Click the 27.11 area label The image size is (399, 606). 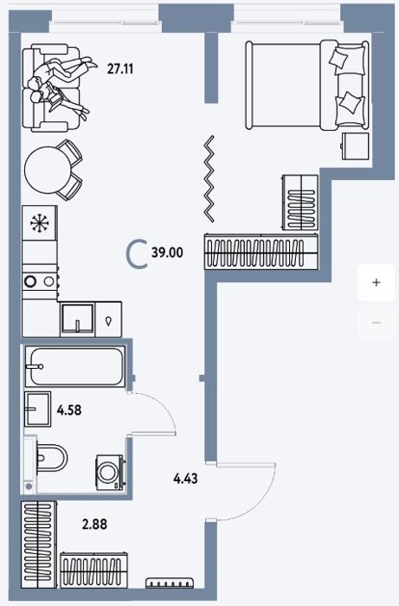coord(120,69)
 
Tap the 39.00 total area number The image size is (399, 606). coord(167,253)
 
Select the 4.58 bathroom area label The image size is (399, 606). coord(69,409)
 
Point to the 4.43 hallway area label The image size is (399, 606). coord(185,479)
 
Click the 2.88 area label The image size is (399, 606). coord(94,525)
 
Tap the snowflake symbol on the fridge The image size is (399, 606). coord(39,223)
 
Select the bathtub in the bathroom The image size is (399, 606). coord(75,366)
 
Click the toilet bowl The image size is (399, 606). coord(52,458)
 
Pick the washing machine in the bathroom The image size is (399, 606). coord(110,472)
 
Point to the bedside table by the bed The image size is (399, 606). coord(355,146)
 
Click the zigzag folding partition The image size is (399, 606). coord(209,179)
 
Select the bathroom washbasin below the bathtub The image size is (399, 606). coord(38,409)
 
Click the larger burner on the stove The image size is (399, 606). coord(29,281)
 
